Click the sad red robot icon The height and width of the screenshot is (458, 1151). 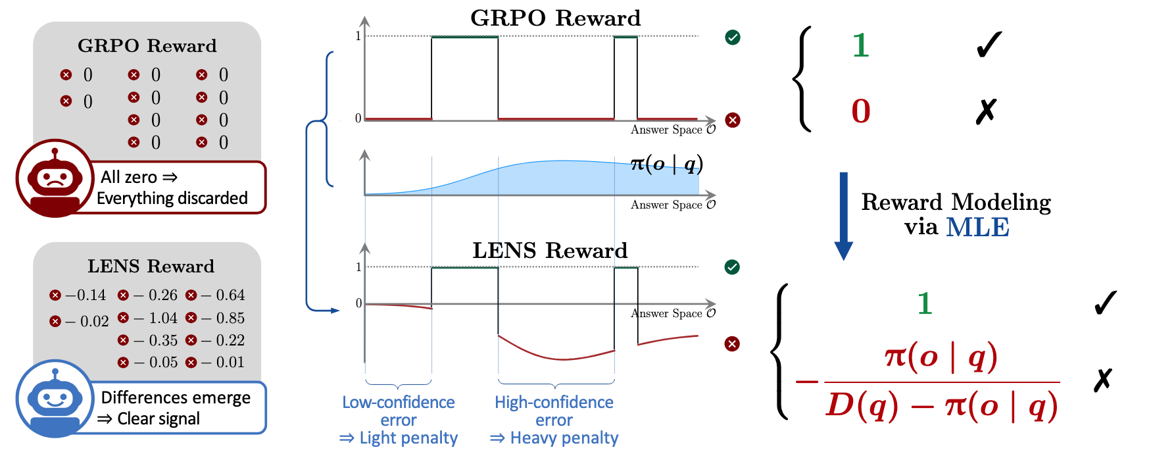click(55, 178)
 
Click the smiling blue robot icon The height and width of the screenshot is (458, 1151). click(55, 398)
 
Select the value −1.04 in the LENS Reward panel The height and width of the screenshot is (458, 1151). click(157, 318)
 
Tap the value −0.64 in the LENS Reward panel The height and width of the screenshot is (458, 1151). click(224, 295)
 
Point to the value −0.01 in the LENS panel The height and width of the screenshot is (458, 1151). click(224, 362)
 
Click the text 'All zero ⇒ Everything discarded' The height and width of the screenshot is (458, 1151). click(172, 188)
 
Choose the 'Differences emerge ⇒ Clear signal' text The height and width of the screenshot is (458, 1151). click(175, 408)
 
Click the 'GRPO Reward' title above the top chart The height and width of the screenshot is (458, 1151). click(555, 18)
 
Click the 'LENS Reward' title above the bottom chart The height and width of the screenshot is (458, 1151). click(550, 250)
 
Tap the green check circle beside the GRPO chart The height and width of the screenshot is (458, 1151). click(733, 38)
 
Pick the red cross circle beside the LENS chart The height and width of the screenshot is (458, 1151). click(732, 343)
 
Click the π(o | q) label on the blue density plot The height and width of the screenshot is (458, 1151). click(666, 163)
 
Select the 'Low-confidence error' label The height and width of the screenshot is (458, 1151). click(399, 411)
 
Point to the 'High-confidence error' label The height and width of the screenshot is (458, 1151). click(554, 411)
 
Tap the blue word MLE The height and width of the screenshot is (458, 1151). click(977, 227)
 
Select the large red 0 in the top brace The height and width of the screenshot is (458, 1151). click(861, 111)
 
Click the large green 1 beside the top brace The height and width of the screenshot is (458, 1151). click(861, 45)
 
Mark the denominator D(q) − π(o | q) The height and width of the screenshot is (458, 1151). click(942, 405)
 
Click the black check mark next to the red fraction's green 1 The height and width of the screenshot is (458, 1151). click(1105, 303)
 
